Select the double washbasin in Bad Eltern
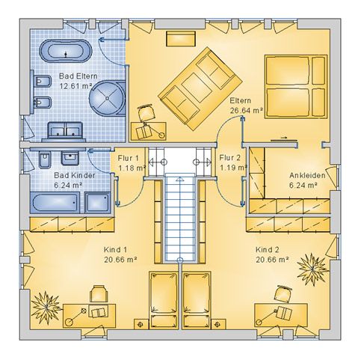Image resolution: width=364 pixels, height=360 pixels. tap(65, 131)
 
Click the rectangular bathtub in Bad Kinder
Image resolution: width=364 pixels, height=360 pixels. tap(55, 203)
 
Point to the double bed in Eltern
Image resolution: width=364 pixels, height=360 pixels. tap(296, 86)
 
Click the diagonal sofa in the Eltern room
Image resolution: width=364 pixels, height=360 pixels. tap(200, 88)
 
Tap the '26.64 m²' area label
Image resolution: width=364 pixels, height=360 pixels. tap(246, 111)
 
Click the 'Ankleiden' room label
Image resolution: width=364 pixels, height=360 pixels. tap(307, 175)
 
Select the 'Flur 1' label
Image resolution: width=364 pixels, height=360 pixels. tap(128, 158)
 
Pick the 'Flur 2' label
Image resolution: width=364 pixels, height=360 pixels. tap(229, 158)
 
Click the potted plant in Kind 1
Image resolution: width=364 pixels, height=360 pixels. tap(46, 307)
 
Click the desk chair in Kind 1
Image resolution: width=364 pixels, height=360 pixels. tap(99, 294)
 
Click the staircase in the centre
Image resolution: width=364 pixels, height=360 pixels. tap(180, 216)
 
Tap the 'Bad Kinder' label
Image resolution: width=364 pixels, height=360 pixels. tap(75, 175)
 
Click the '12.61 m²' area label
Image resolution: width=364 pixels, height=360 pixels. tap(75, 86)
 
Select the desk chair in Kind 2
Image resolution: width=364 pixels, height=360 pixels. tap(283, 294)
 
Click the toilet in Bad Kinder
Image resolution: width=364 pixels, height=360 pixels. tap(45, 159)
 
